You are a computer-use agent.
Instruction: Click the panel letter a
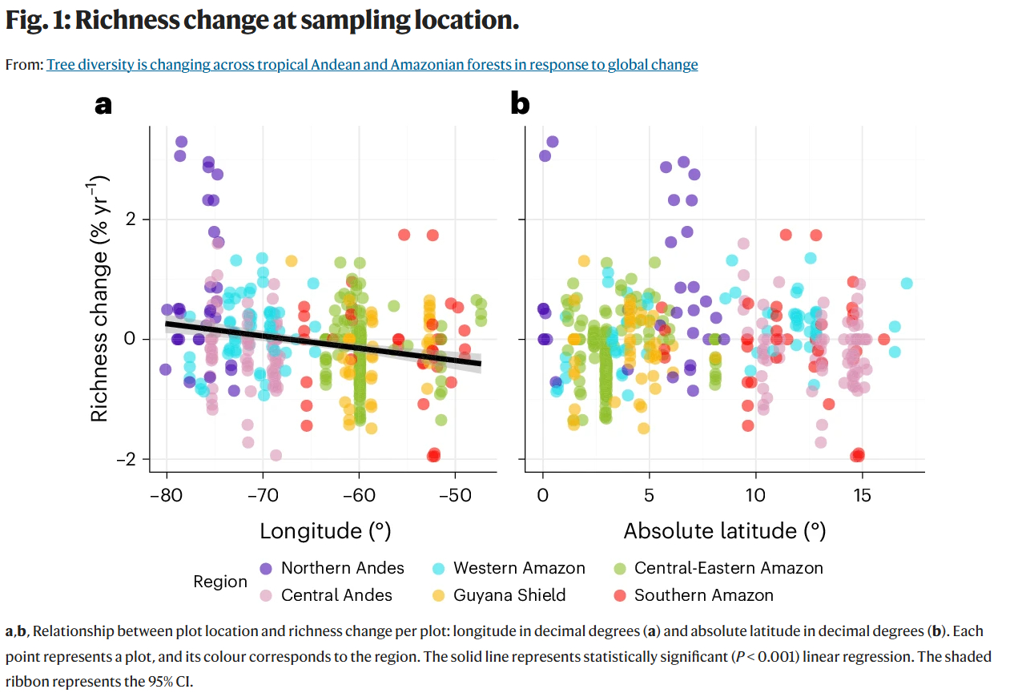[x=103, y=104]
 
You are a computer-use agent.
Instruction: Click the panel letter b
[x=520, y=104]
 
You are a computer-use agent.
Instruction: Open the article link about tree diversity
[x=372, y=65]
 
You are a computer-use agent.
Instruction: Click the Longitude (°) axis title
[x=325, y=530]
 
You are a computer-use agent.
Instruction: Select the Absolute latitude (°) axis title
[x=724, y=530]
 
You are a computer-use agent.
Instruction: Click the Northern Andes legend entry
[x=342, y=568]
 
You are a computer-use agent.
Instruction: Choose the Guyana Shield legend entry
[x=509, y=595]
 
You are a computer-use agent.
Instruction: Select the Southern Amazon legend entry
[x=703, y=595]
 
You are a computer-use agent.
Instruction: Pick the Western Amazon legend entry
[x=519, y=568]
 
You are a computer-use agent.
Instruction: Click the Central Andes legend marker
[x=267, y=595]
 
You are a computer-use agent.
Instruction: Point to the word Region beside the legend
[x=220, y=582]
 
